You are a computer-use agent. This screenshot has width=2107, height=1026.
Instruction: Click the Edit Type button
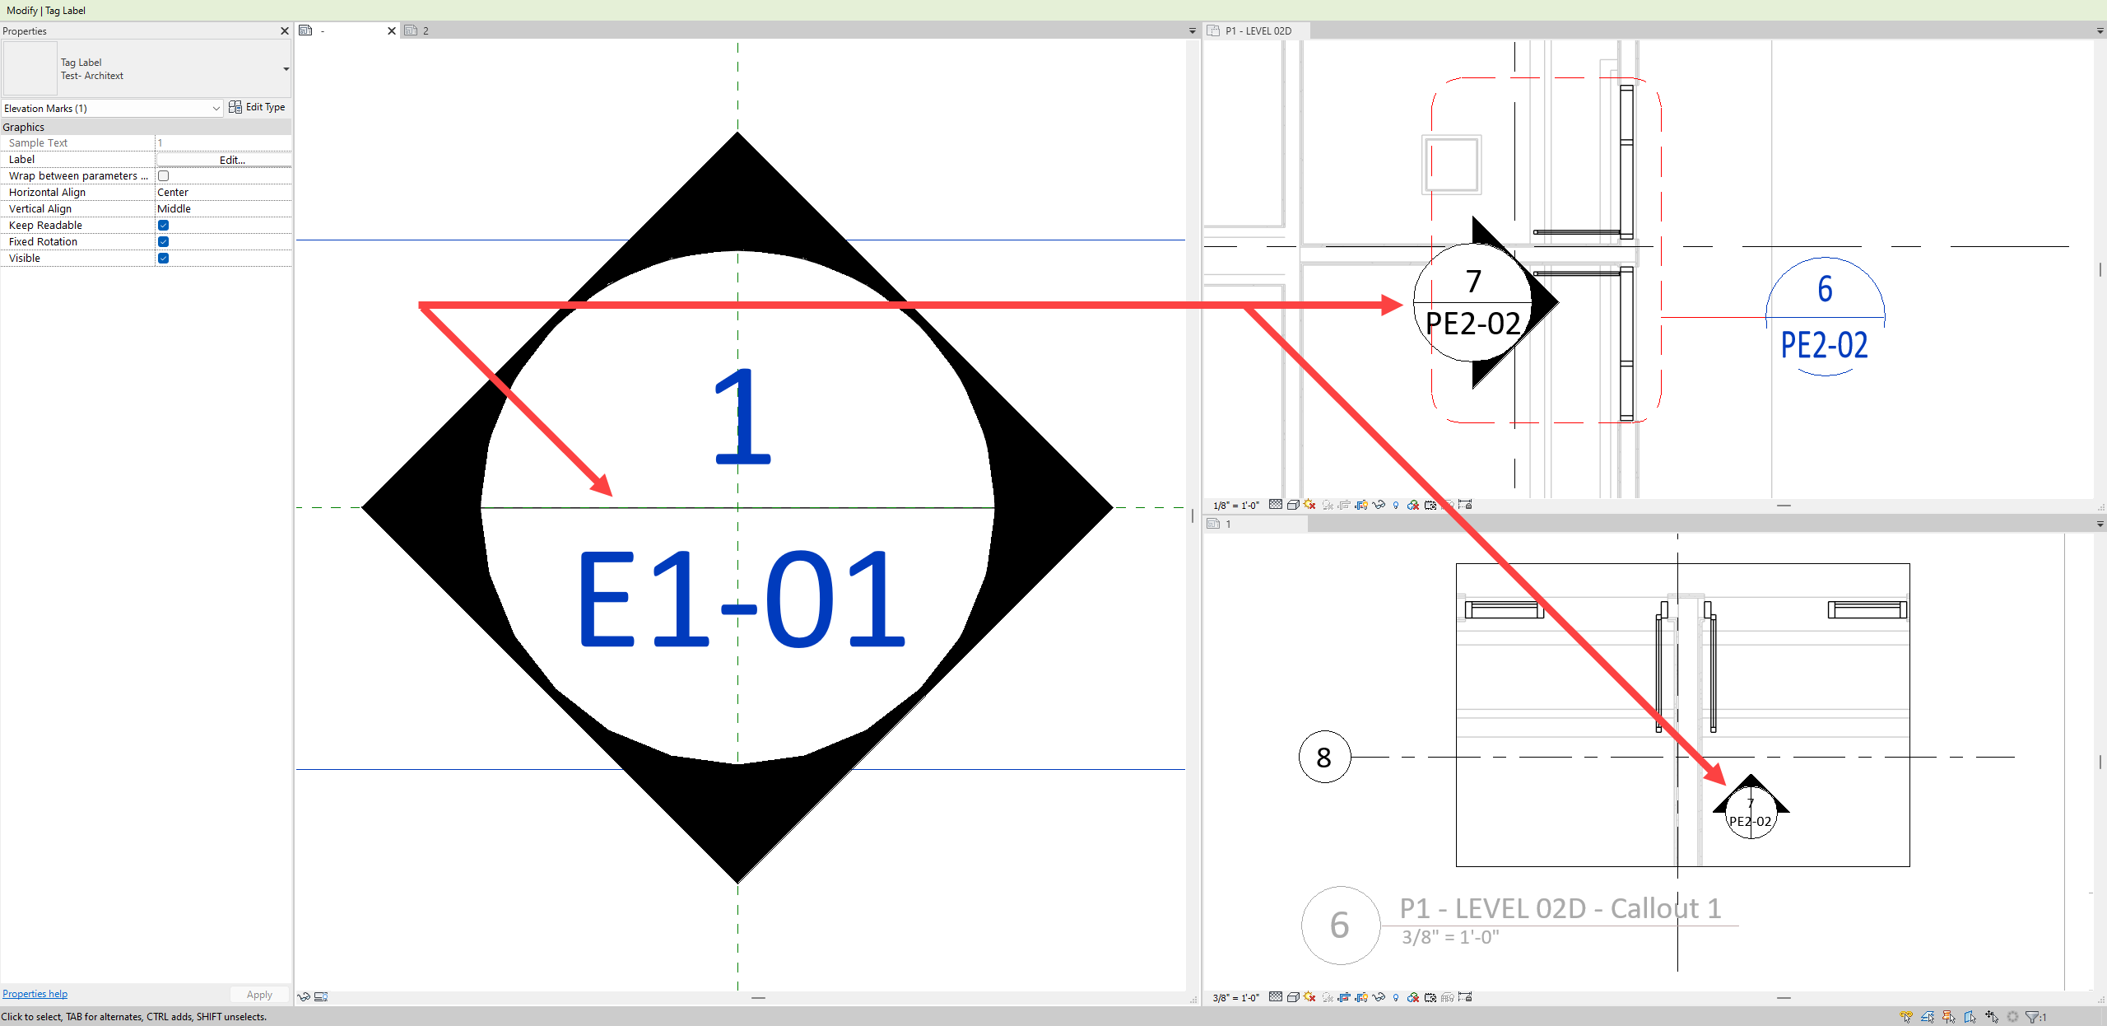coord(257,107)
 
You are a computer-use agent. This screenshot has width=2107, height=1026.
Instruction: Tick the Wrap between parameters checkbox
coord(163,176)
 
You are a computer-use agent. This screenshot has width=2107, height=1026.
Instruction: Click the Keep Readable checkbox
coord(163,226)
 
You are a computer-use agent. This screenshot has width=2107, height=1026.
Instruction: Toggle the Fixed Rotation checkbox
coord(163,242)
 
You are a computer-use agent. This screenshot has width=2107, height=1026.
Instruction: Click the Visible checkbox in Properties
coord(163,259)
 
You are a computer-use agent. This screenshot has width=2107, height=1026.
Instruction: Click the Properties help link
coord(35,994)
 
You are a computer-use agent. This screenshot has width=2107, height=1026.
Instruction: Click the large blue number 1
coord(741,417)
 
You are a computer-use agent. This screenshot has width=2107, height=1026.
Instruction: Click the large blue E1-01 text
coord(741,599)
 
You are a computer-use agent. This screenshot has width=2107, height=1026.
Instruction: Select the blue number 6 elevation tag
coord(1825,289)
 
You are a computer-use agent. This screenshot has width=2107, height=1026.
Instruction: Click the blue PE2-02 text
coord(1824,345)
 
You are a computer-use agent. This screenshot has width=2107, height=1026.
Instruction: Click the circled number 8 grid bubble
coord(1324,757)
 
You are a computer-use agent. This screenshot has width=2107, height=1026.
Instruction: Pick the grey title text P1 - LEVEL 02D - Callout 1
coord(1560,908)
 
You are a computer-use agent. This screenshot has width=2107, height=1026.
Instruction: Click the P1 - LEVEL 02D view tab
coord(1258,31)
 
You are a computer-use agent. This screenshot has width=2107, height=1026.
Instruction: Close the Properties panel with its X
coord(285,31)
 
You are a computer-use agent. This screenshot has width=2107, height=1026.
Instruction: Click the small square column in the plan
coord(1452,165)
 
